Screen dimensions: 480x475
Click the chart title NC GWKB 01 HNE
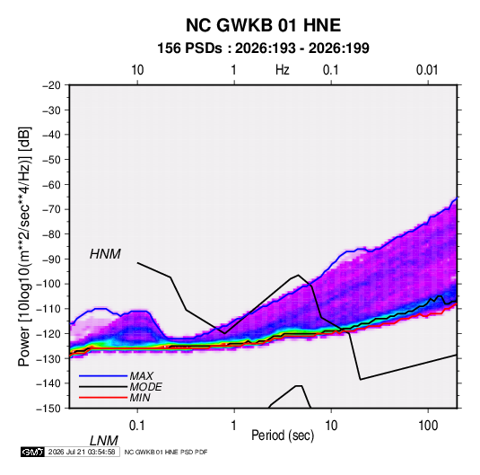263,25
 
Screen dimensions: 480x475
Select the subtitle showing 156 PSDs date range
263,48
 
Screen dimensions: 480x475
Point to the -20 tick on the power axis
51,85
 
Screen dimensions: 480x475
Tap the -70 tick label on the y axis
51,209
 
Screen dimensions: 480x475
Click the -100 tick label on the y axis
49,284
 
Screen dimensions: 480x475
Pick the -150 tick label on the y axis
49,409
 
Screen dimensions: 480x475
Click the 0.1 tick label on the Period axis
137,426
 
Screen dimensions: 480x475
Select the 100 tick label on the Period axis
428,426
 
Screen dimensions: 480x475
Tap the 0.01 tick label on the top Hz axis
427,70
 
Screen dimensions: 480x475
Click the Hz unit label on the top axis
283,70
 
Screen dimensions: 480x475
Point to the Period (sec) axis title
283,435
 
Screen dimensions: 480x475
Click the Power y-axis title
24,247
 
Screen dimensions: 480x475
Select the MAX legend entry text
141,375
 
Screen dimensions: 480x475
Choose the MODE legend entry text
145,387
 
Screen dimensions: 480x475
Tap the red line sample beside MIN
103,398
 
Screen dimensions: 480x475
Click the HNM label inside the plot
105,254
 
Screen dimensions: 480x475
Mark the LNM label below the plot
103,441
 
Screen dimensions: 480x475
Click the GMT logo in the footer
32,452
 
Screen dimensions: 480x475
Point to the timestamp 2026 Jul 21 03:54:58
82,452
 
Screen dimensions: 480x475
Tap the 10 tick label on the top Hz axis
137,70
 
